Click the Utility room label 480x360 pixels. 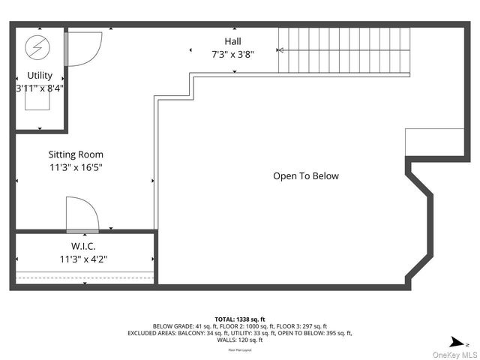click(40, 76)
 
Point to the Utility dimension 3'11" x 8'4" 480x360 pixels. click(40, 88)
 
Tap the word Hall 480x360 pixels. click(232, 41)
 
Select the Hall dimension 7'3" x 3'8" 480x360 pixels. click(232, 54)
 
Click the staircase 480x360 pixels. click(345, 51)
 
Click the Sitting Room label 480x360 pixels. click(76, 155)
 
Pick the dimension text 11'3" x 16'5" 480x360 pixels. click(76, 168)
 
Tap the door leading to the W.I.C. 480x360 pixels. click(81, 214)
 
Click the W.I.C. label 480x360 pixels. click(82, 246)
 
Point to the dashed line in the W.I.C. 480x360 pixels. click(84, 277)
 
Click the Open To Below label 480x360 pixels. click(305, 176)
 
